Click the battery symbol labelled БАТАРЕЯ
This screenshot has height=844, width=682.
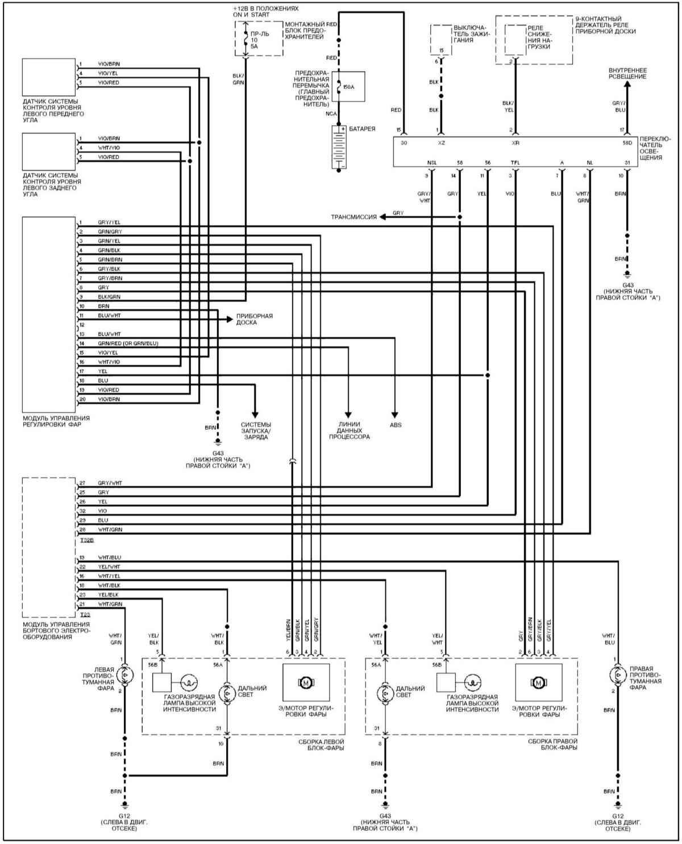[x=339, y=147]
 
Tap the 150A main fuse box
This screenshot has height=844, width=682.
[x=348, y=86]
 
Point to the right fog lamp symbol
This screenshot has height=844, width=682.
[x=617, y=675]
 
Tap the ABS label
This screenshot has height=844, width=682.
[x=395, y=424]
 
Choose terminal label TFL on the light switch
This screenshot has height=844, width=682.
[x=515, y=162]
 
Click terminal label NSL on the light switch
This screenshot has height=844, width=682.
[x=432, y=162]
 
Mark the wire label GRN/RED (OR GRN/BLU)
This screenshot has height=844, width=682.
[x=127, y=344]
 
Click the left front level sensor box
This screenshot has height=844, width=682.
[x=49, y=77]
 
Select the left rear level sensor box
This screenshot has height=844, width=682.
[x=49, y=151]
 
